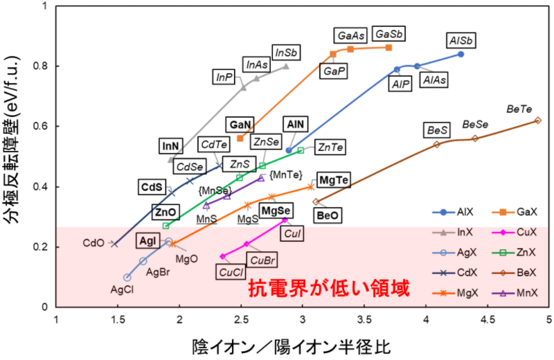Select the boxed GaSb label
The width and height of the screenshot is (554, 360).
[388, 34]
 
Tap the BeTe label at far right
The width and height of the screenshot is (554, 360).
[519, 109]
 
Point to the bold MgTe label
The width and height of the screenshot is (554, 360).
[334, 181]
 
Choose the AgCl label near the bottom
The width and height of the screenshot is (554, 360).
[123, 290]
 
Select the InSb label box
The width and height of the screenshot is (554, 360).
[287, 53]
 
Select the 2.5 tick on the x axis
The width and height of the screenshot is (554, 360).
[242, 321]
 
